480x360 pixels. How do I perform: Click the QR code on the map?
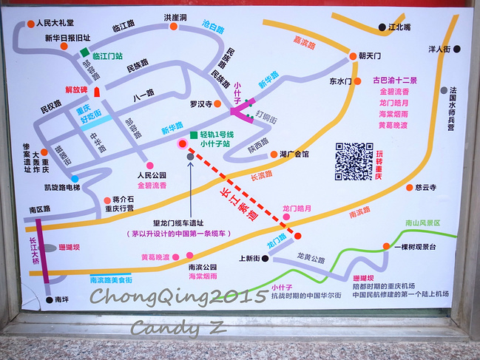(x=354, y=160)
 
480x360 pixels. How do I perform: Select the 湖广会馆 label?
(x=294, y=154)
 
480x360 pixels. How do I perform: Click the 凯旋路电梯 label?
(x=62, y=188)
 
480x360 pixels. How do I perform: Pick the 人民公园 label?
(x=151, y=175)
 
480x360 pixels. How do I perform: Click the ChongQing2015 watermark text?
(x=178, y=296)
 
